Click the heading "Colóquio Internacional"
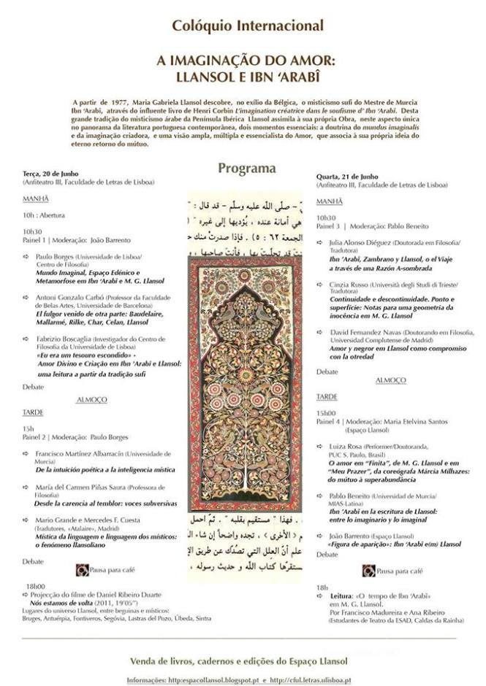coord(247,26)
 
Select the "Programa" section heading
coord(247,169)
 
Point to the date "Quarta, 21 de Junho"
coord(347,177)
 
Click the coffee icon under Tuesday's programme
coord(83,569)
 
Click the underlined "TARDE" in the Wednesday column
coord(327,396)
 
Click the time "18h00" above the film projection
coord(35,586)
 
